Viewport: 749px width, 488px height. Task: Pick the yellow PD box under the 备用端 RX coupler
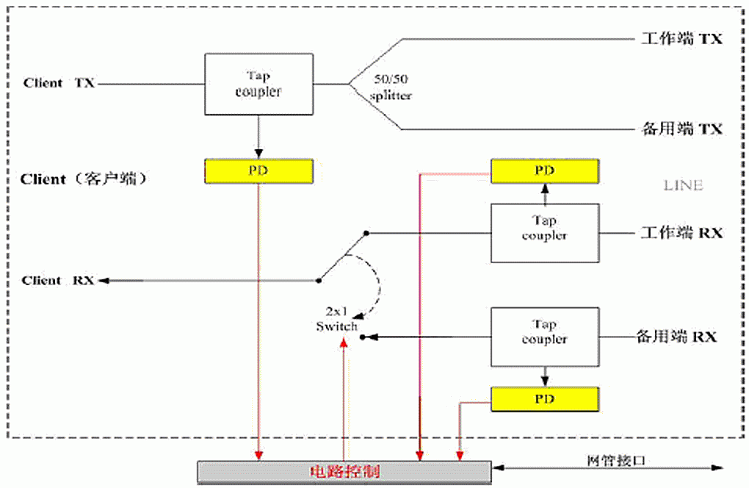coord(544,398)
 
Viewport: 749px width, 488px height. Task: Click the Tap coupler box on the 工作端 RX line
coord(544,228)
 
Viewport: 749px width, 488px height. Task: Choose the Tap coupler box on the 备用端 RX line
coord(544,331)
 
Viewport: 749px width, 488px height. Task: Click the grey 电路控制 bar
coord(344,470)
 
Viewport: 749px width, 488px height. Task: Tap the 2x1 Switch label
coord(336,320)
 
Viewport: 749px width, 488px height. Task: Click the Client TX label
coord(59,83)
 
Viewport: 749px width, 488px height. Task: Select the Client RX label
coord(57,280)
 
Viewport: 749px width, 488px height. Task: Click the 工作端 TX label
coord(681,39)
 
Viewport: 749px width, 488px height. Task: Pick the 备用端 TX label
coord(681,129)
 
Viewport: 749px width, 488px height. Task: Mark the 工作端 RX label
coord(681,233)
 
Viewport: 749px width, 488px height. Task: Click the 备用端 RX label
coord(676,337)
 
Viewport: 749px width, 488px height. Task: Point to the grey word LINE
coord(683,185)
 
